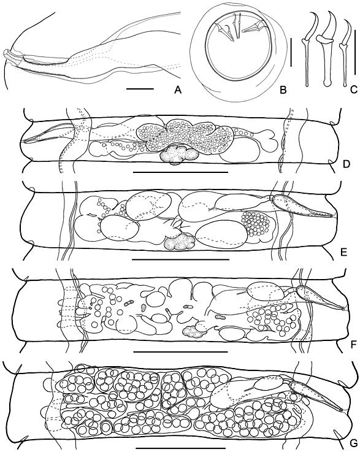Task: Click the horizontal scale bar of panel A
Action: pos(140,89)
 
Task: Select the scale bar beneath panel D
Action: pos(181,172)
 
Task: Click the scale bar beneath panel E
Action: pos(181,259)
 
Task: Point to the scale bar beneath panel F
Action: pos(181,351)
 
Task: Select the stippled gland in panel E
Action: pos(179,242)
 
